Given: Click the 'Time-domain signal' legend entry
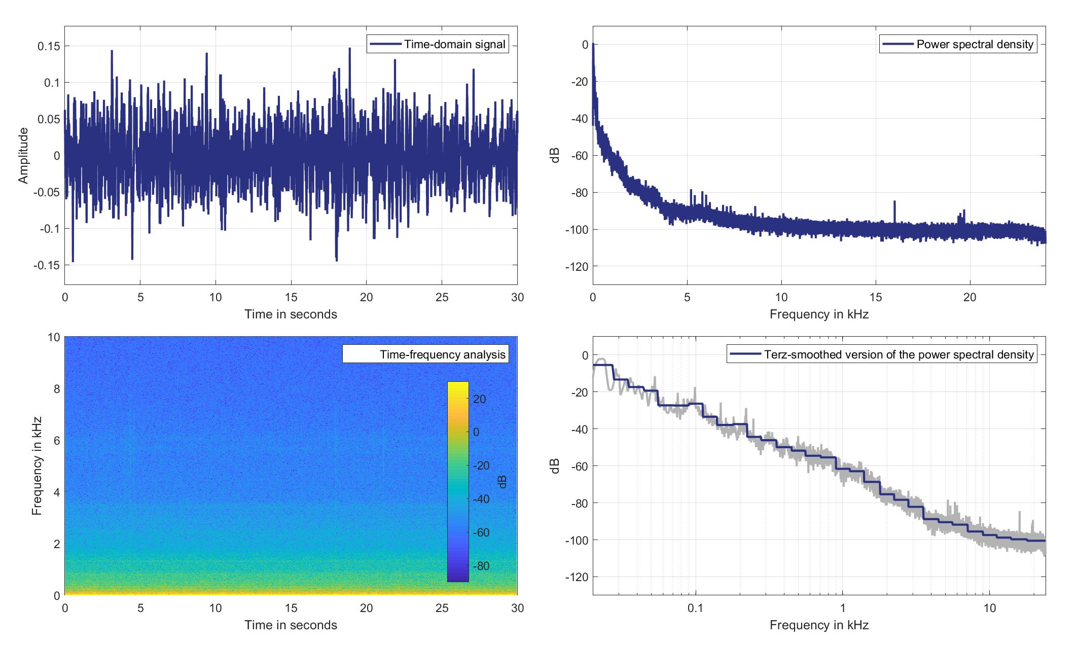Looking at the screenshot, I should point(438,44).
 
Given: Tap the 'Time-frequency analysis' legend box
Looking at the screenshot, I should point(425,354).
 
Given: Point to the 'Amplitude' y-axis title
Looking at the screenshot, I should point(23,155).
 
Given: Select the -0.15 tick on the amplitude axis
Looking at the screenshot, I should point(46,265).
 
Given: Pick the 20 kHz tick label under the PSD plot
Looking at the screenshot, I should point(969,297).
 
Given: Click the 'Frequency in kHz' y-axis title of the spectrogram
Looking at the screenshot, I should point(37,465).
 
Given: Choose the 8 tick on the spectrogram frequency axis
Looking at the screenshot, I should point(55,389).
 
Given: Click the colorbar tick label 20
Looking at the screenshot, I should point(480,399).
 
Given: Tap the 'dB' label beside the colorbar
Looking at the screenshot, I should point(502,481).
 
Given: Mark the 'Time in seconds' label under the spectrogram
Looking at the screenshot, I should point(291,625).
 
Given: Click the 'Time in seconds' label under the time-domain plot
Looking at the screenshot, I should point(291,314).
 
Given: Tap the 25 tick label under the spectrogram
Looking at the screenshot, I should point(442,607).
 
